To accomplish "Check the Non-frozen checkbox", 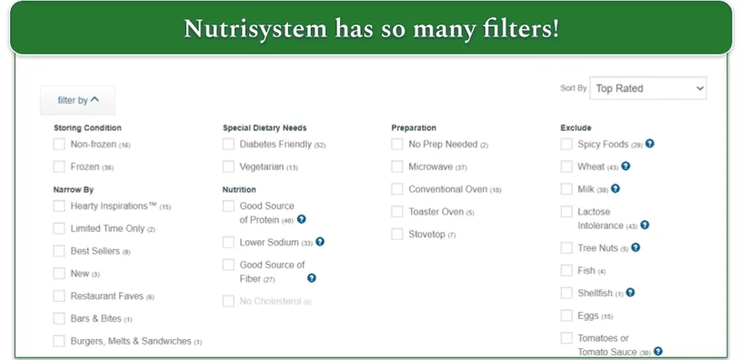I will coord(59,145).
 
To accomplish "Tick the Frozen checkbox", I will coord(59,167).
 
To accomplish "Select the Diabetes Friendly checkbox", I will coord(228,145).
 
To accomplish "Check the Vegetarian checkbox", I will coord(228,167).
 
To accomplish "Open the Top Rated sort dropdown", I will coord(647,88).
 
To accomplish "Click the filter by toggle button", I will coord(78,100).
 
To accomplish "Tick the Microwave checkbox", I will coord(397,167).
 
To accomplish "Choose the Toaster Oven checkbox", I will coord(397,212).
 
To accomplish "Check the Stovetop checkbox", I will coord(397,235).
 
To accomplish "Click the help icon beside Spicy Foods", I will coord(650,144).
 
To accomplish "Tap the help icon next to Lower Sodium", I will coord(319,242).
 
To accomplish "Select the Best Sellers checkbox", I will coord(59,251).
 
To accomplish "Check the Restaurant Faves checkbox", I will coord(59,296).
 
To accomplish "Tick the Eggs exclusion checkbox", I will coord(566,316).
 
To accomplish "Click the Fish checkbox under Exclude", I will coord(566,271).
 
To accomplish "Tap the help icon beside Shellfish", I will coord(630,293).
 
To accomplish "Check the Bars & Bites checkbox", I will coord(59,319).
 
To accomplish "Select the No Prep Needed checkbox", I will coord(397,145).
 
